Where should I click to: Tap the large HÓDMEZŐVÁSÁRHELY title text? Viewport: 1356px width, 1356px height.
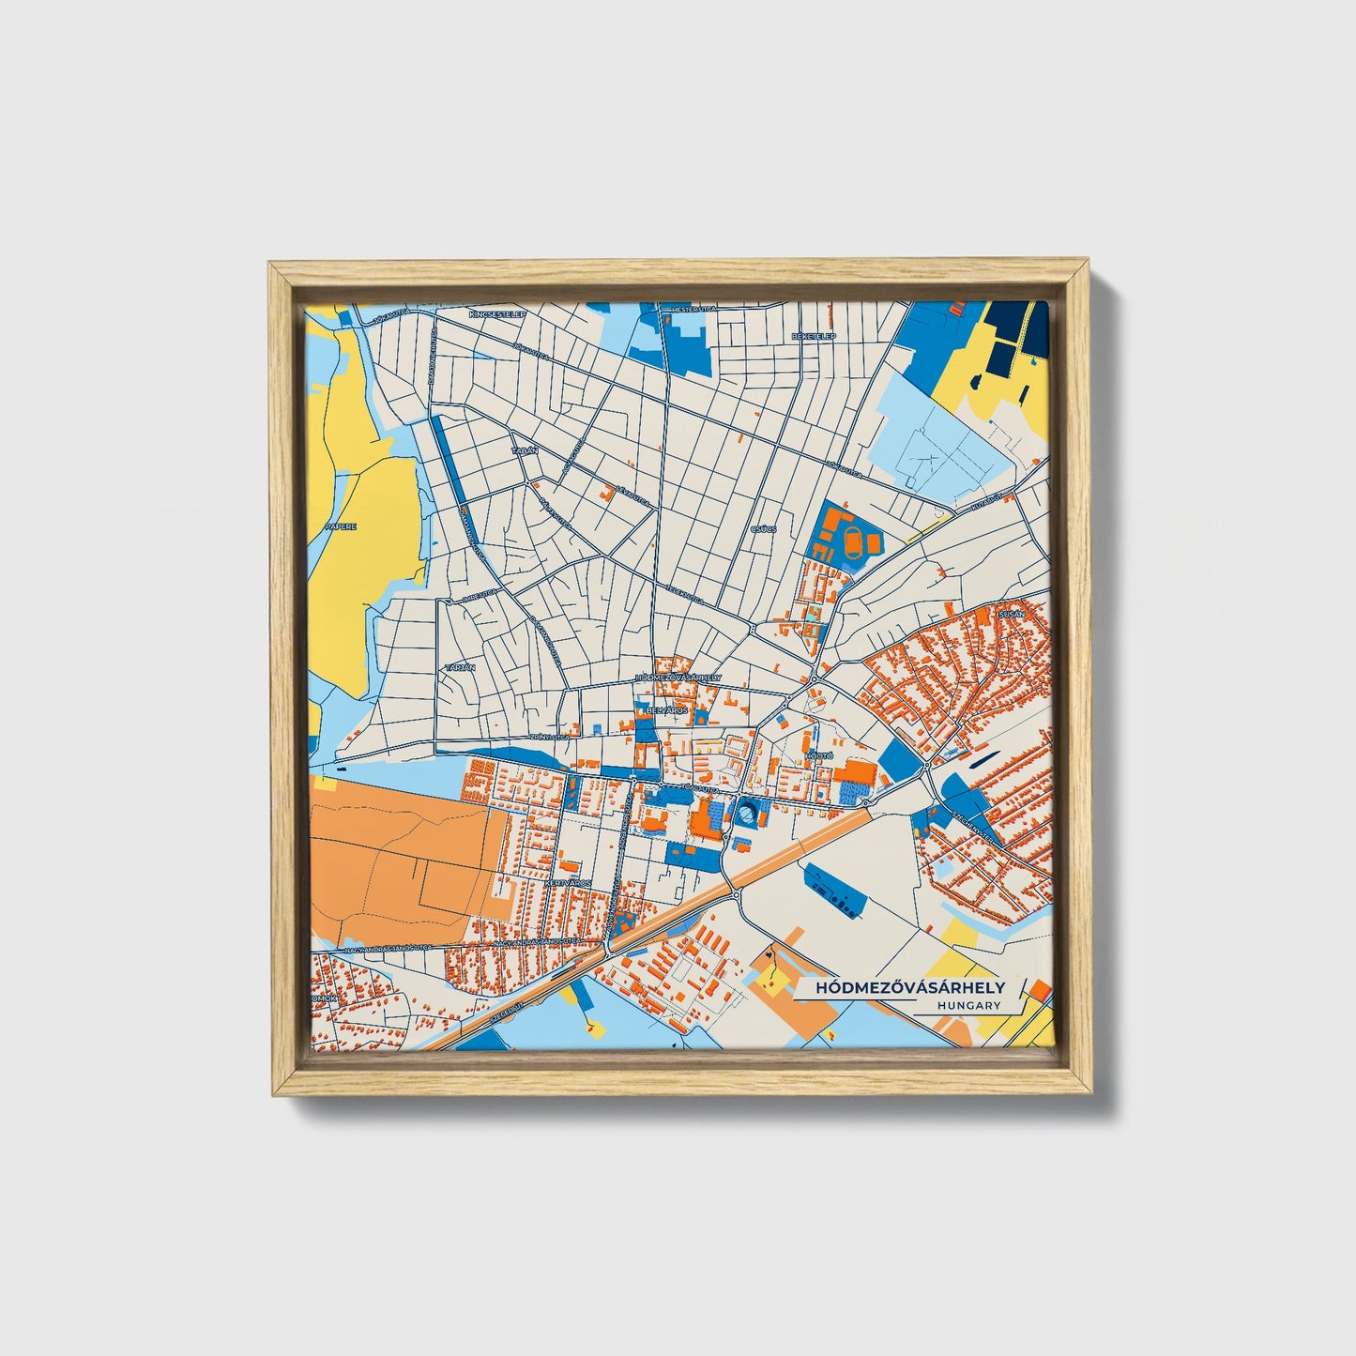[909, 987]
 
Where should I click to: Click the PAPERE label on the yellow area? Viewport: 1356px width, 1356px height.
[341, 527]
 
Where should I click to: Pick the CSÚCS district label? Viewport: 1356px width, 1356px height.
[763, 529]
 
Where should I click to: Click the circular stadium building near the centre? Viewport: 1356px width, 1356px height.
[746, 814]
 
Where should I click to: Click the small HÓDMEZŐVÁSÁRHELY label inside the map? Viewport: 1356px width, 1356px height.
[678, 677]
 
